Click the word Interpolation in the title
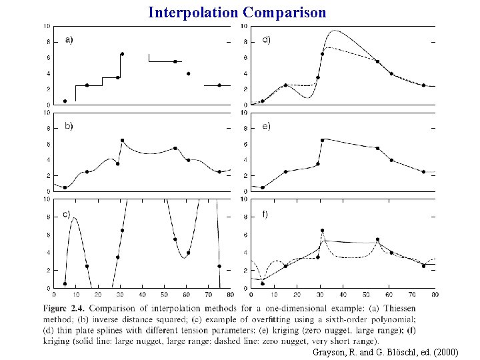pos(193,13)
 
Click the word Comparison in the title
pos(285,13)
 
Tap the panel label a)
pos(69,40)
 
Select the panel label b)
pos(69,126)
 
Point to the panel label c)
pos(67,214)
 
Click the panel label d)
pos(266,40)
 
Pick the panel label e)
pos(266,126)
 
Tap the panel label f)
pos(265,214)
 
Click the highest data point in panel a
pos(122,54)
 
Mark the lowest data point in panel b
pos(65,187)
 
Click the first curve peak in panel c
pos(74,217)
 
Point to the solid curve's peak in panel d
pos(335,30)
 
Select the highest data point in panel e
pos(323,140)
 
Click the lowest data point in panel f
pos(263,284)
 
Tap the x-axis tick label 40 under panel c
pos(142,295)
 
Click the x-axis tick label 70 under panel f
pos(412,295)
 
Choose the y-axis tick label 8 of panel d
pos(245,42)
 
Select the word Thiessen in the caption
pos(400,308)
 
